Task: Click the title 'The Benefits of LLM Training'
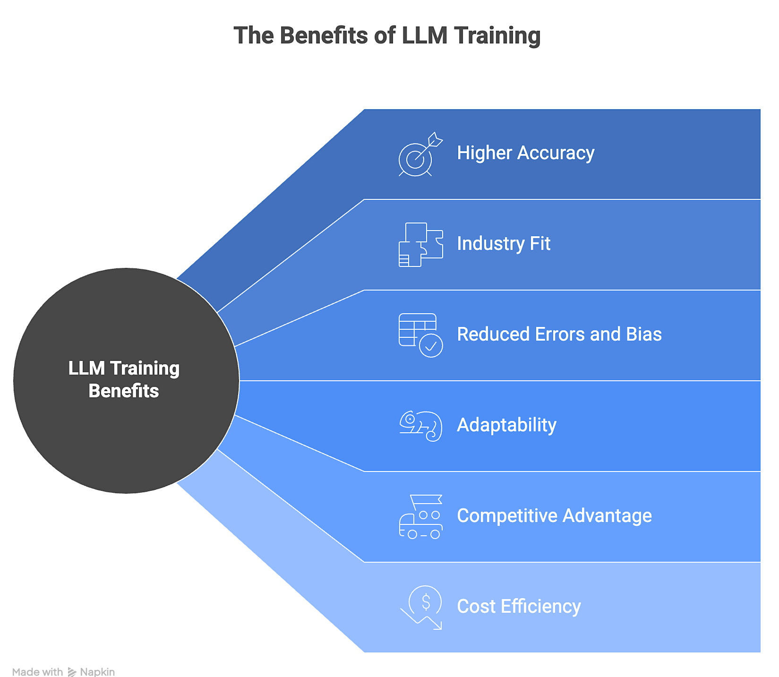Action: coord(387,36)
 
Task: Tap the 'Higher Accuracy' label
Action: coord(525,153)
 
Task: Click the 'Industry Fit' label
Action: coord(504,244)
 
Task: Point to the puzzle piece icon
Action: coord(420,245)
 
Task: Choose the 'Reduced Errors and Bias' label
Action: coord(559,334)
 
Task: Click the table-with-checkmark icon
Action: coord(420,335)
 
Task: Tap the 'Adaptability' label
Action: coord(506,425)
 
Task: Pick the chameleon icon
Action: coord(420,426)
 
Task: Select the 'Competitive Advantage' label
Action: coord(554,516)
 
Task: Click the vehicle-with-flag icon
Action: coord(420,517)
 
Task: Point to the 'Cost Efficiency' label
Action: coord(519,607)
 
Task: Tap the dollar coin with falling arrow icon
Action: coord(421,608)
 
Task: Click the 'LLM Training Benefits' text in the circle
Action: coord(124,380)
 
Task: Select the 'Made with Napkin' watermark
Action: coord(63,672)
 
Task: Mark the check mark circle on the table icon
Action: coord(431,346)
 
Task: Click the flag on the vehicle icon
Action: coord(426,500)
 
